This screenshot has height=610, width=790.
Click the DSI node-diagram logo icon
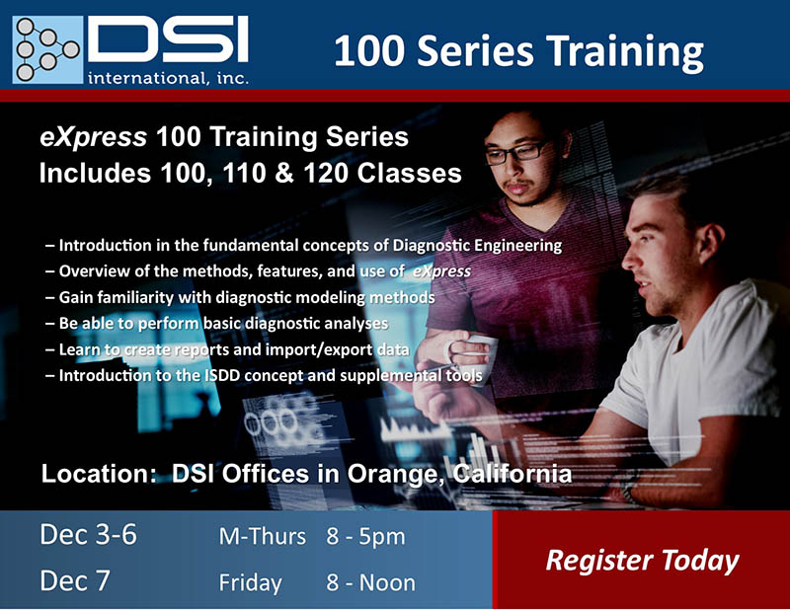click(x=47, y=49)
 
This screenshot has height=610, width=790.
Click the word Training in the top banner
click(x=625, y=52)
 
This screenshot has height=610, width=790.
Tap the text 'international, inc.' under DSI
click(x=168, y=78)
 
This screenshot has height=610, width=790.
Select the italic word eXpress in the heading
click(x=93, y=137)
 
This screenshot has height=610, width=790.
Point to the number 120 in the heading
click(x=326, y=173)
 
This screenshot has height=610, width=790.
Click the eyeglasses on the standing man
click(x=515, y=153)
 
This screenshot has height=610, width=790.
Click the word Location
click(x=99, y=474)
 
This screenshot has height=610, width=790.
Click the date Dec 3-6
click(x=88, y=534)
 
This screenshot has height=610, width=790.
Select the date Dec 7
click(x=75, y=580)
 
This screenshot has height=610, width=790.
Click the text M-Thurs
click(x=263, y=536)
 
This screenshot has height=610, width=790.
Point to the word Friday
click(x=251, y=583)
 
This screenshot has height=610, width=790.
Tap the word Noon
click(x=387, y=582)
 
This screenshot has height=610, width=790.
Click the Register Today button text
click(x=643, y=561)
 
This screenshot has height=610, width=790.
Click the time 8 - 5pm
click(x=365, y=537)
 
